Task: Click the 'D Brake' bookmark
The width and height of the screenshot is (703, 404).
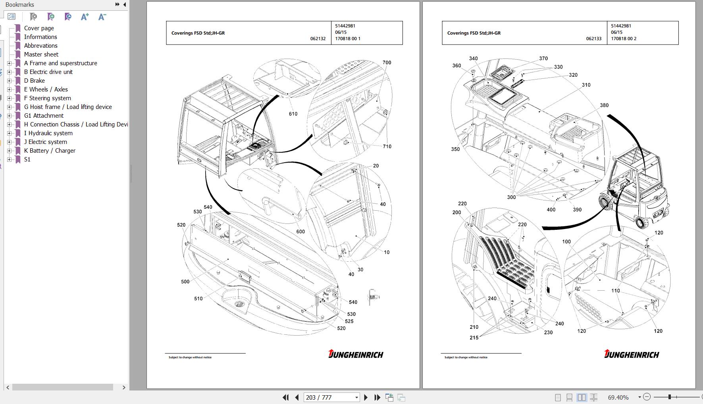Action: click(34, 81)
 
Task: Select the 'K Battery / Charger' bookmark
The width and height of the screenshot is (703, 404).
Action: click(49, 151)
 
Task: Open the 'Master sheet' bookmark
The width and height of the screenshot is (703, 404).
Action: click(41, 54)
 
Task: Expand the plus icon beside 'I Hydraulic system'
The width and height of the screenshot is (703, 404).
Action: click(10, 133)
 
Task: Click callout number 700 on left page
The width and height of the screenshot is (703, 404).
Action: click(387, 63)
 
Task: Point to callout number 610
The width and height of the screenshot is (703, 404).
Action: click(293, 114)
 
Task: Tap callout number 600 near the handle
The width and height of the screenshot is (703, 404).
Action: click(300, 232)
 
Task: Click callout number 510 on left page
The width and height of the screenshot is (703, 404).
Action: click(198, 299)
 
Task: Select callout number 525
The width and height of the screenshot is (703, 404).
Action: click(349, 321)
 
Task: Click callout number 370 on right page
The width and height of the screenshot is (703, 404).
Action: click(543, 58)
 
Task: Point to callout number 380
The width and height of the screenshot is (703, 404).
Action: click(604, 105)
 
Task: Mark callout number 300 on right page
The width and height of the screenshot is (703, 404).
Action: click(511, 197)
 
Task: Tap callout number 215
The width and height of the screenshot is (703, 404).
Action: click(474, 338)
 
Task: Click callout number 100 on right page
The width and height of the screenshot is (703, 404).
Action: click(566, 242)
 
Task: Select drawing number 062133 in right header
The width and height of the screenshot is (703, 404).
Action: click(593, 39)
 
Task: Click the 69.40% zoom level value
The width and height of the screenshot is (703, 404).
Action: click(618, 397)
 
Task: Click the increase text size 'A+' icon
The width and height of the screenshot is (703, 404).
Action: click(85, 17)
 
